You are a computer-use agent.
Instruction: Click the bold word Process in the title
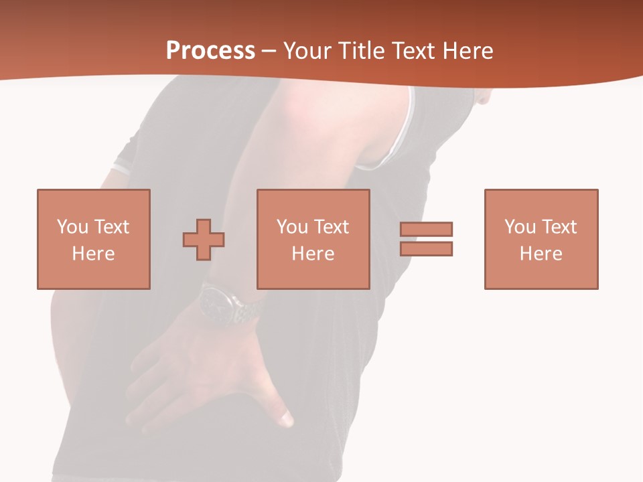point(210,51)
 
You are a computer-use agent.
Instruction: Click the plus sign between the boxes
point(204,240)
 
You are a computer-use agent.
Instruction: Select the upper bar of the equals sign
point(427,229)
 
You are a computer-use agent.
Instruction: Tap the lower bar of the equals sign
point(427,248)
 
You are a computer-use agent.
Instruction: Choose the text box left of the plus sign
point(93,239)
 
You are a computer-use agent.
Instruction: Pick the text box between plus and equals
point(313,239)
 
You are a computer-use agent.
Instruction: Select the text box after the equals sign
point(541,239)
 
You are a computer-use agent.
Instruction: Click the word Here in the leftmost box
point(93,254)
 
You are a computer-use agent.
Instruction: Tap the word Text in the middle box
point(331,227)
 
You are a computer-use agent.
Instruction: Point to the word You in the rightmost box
point(520,227)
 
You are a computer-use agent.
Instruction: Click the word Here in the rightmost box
point(541,254)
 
